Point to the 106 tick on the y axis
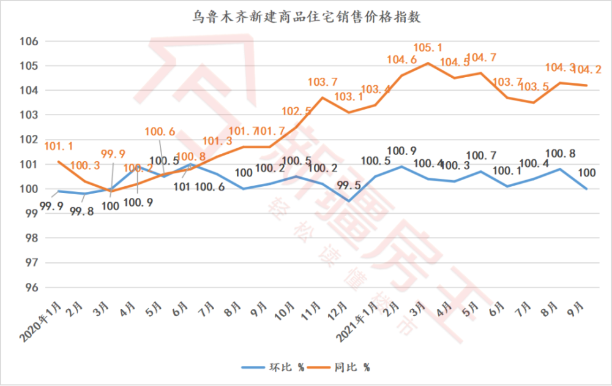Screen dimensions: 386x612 coord(30,41)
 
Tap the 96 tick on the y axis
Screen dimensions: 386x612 coord(32,287)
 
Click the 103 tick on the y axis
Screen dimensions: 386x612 coord(30,115)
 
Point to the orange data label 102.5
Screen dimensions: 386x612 coord(296,111)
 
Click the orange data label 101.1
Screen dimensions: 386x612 coord(58,146)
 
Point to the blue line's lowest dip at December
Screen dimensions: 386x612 coord(349,201)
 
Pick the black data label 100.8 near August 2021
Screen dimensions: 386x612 coord(559,153)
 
